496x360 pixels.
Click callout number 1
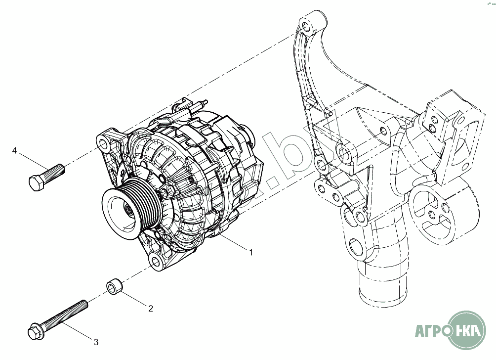point(251,253)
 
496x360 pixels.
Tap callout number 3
point(96,342)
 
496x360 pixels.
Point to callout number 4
point(15,150)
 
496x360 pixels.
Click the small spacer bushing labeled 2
point(113,287)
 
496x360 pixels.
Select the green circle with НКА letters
point(470,328)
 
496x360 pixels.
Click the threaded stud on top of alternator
point(201,105)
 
